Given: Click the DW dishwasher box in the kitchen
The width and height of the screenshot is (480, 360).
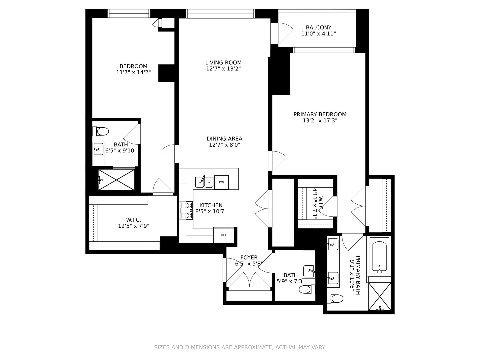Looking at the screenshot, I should (221, 182).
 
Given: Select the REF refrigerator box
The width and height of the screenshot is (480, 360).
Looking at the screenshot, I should (224, 235).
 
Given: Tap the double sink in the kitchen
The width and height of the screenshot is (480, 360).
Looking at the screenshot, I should (204, 182).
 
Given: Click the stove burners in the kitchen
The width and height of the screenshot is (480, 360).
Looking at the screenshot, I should (187, 210).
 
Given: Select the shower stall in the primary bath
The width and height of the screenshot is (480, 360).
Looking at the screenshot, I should (379, 296).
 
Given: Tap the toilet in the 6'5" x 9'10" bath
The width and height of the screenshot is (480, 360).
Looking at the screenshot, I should (101, 131).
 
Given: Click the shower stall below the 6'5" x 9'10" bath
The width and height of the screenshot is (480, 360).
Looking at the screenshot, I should (116, 180).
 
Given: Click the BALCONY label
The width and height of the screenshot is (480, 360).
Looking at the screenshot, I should (318, 28).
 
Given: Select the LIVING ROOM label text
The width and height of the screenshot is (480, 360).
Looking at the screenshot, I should (223, 62).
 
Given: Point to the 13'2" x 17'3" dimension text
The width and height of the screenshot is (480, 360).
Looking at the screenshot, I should (320, 121).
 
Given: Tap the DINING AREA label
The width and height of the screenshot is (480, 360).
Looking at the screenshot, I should (224, 139).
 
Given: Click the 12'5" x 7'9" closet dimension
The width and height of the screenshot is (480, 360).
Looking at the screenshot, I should (133, 226).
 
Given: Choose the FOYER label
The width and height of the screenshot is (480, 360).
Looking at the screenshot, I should (249, 258).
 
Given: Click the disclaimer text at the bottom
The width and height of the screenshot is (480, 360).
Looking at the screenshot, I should (240, 347).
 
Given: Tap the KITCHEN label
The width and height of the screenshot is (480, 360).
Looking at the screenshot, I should (211, 205).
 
